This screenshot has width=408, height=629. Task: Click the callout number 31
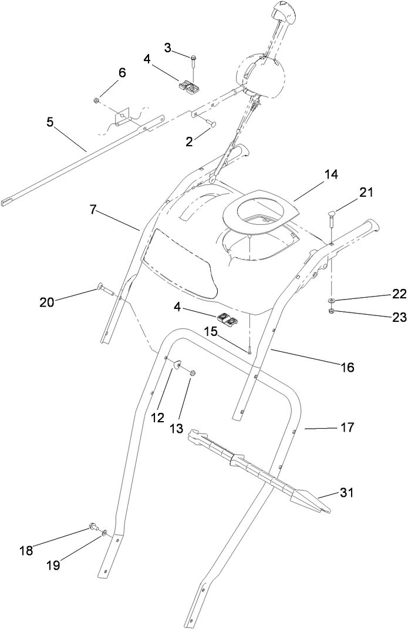[348, 493]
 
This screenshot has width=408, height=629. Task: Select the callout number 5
[50, 123]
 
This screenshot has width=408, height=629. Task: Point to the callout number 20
[47, 302]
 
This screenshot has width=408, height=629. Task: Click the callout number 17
[348, 428]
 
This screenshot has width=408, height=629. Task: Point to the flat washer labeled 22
[332, 300]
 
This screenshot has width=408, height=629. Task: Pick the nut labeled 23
[332, 311]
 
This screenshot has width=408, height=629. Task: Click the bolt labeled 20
[103, 288]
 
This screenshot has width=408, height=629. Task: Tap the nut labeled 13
[194, 372]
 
